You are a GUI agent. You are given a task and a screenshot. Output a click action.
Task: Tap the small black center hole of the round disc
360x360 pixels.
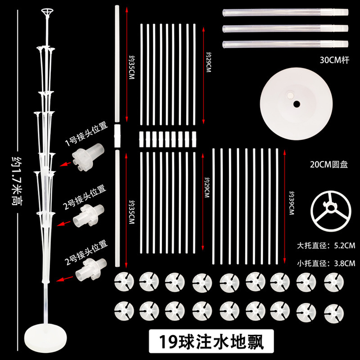click(x=297, y=104)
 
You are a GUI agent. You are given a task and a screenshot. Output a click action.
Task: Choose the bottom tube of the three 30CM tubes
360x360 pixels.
click(x=285, y=44)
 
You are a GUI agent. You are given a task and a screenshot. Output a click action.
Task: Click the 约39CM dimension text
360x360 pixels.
click(x=292, y=205)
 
